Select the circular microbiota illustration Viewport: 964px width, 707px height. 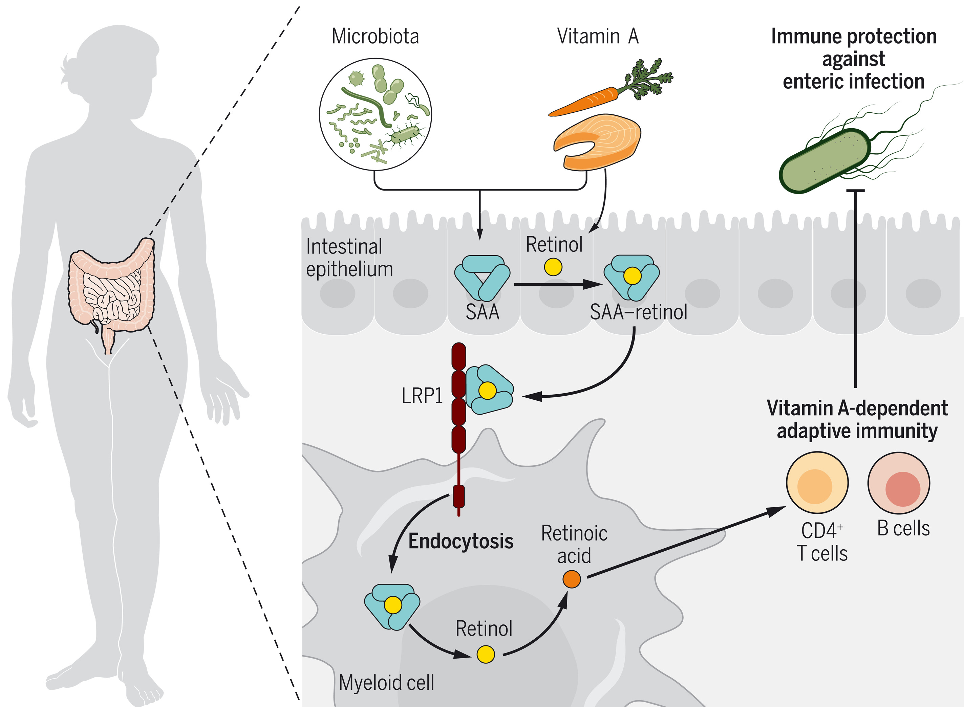point(376,114)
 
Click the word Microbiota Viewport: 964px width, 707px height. point(376,36)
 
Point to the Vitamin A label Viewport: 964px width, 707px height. point(598,36)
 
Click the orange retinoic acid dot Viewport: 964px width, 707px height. point(572,579)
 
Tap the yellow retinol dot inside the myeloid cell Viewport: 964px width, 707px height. point(486,654)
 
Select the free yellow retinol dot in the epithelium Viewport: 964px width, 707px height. point(553,267)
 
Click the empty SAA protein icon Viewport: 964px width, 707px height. point(482,278)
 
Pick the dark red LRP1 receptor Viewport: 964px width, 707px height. point(458,428)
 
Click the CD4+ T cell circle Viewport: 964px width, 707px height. point(817,483)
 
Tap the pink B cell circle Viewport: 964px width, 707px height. point(899,483)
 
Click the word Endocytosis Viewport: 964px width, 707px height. point(460,542)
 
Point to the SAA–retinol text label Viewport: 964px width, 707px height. point(639,312)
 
